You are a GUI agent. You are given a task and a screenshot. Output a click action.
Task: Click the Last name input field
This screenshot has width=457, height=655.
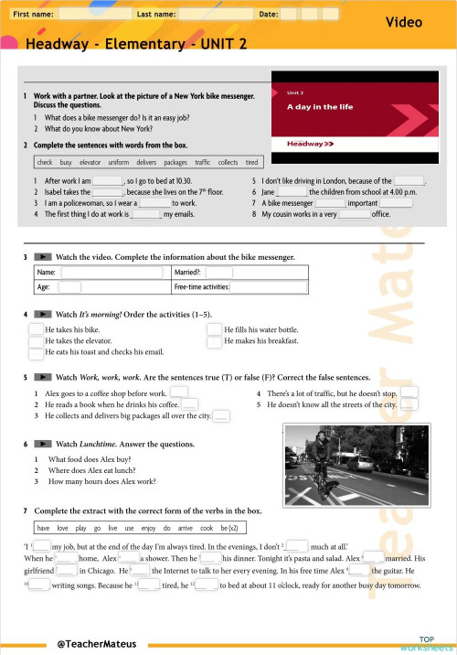216,15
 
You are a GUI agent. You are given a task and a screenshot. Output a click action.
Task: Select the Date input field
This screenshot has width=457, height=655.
320,15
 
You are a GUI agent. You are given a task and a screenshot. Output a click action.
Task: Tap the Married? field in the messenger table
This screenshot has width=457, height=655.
219,272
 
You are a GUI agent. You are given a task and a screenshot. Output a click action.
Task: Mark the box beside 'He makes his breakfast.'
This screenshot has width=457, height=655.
215,341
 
